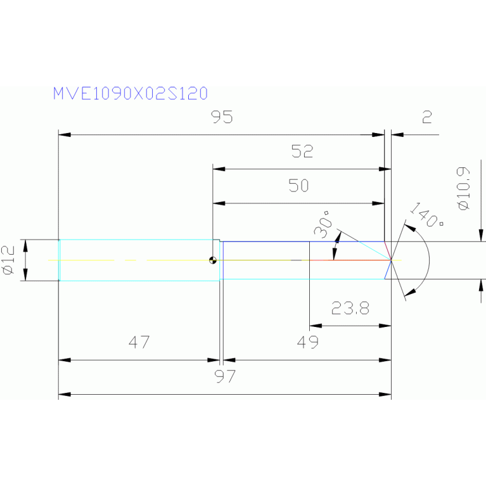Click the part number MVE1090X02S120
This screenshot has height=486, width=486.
tap(130, 94)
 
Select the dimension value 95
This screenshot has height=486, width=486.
tap(222, 117)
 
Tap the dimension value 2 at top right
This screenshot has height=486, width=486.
tap(426, 117)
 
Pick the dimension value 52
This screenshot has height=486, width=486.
tap(302, 151)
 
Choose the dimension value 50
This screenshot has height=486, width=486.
tap(298, 186)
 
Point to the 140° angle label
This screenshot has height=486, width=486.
tap(426, 215)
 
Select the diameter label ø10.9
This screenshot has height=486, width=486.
tap(463, 188)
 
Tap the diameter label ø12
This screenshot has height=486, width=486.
tap(8, 260)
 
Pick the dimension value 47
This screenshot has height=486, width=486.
tap(139, 343)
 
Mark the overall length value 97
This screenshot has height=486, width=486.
tap(225, 377)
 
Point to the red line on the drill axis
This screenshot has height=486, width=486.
tap(349, 260)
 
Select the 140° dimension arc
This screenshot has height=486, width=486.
tap(428, 260)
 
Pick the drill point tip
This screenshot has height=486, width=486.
tap(391, 260)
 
